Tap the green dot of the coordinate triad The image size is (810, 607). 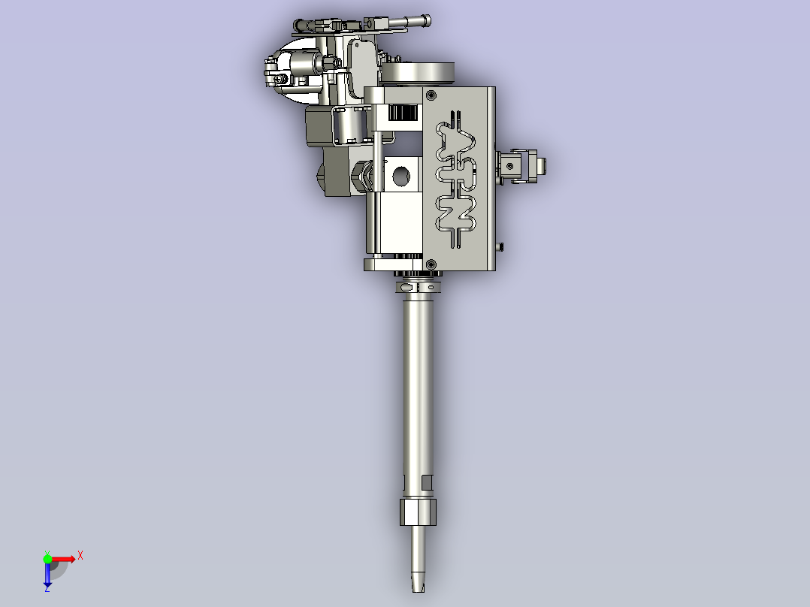47,558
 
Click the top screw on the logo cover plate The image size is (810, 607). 431,95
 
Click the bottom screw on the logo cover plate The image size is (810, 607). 431,264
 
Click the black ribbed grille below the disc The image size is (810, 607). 404,113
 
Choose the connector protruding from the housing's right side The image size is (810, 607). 523,166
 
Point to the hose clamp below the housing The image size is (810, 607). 418,285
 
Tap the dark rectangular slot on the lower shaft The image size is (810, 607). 428,482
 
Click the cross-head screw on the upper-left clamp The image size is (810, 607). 281,77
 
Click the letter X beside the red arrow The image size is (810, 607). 80,555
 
